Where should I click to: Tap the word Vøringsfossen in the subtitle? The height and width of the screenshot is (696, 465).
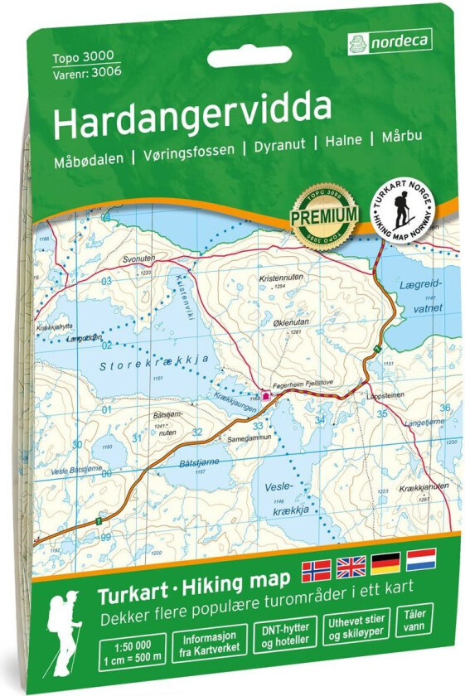[x=188, y=152]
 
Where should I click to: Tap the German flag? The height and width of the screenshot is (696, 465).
[x=386, y=563]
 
